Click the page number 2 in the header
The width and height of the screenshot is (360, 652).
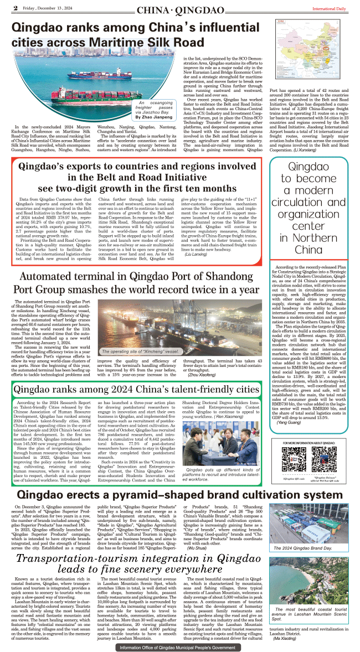tap(16, 8)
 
